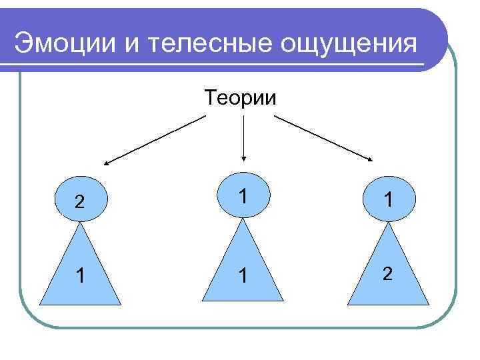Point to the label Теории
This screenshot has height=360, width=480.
coord(241,98)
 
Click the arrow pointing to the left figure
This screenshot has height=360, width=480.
coord(155,140)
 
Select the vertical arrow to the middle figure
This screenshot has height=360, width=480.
coord(244,139)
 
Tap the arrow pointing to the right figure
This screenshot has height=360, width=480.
coord(325,138)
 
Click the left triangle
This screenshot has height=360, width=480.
coord(81,273)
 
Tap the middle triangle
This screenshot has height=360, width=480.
coord(244,270)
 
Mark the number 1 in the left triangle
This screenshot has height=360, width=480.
coord(79,275)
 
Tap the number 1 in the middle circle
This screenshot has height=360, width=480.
coord(244,195)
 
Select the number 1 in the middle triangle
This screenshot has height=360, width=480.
coord(244,275)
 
